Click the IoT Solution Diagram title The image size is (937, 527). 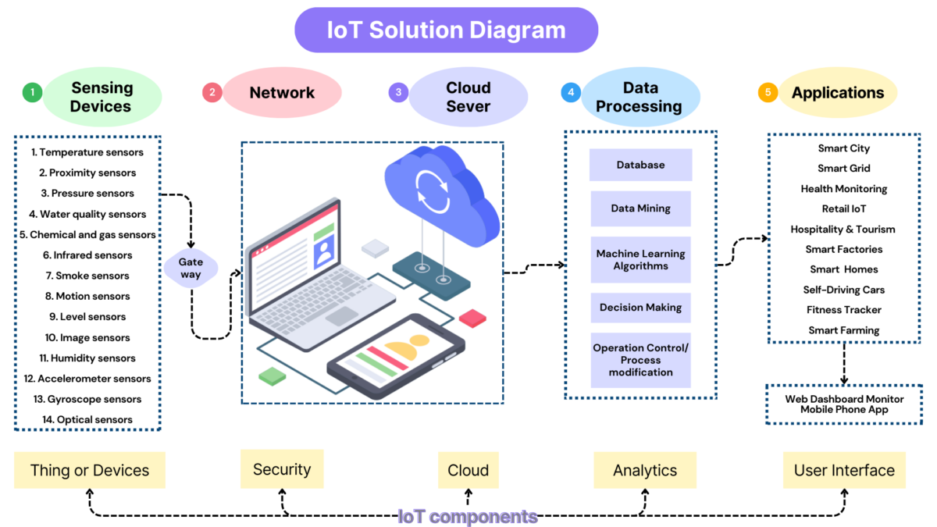coord(446,30)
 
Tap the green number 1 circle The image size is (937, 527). coord(32,93)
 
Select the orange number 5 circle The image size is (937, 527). coord(768,93)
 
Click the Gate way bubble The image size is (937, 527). coord(191,269)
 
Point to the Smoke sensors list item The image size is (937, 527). coord(87,276)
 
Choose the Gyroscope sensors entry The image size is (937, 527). coord(87,399)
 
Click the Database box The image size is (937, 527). coord(640,166)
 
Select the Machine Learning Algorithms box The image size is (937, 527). coord(640,260)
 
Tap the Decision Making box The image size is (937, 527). coord(640,308)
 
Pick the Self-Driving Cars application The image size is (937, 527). coord(843,290)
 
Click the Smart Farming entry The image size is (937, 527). coord(843,330)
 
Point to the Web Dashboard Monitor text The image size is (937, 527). coord(844,399)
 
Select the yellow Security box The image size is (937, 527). coord(282,469)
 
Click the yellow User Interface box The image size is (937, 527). coord(844,471)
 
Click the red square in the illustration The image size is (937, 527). coord(472,318)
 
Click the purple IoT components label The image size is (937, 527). coord(467,516)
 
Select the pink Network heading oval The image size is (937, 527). coord(282,93)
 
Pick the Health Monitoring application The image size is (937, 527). coord(843,189)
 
